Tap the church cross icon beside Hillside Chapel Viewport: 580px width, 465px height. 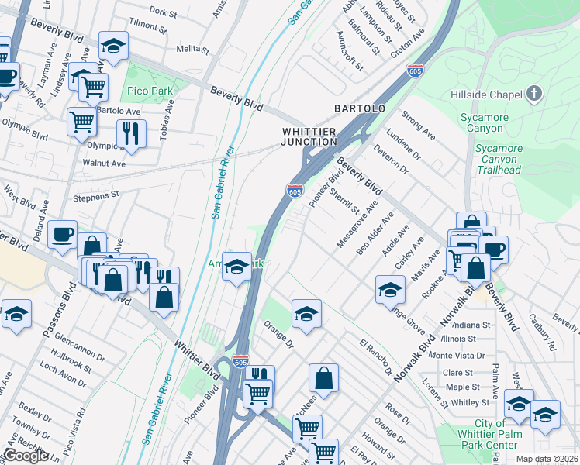(x=533, y=95)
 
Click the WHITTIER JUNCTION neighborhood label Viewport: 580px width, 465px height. (x=309, y=136)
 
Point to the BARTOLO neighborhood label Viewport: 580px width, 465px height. (x=359, y=108)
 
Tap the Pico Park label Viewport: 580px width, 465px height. (x=150, y=91)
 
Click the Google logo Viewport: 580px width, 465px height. (x=26, y=456)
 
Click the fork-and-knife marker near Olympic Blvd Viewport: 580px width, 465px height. (x=132, y=133)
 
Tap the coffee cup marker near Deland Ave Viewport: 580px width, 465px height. (x=62, y=232)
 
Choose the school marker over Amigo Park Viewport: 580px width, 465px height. (x=237, y=267)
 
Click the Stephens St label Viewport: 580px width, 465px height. (x=95, y=195)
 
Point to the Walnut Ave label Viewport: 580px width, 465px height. (x=104, y=164)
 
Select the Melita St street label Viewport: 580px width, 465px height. (x=189, y=48)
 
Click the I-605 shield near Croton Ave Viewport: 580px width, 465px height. (x=416, y=70)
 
